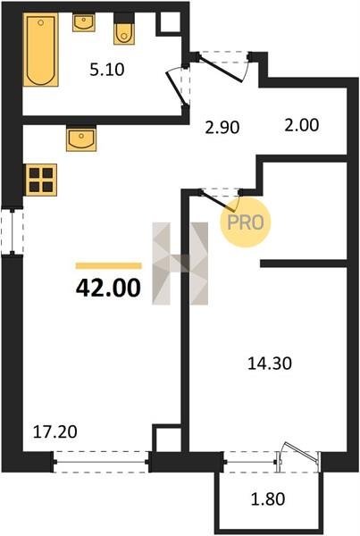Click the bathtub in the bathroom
point(41,50)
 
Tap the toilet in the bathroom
point(124,29)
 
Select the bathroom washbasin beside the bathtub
point(83,22)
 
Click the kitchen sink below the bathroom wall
point(81,138)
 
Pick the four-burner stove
point(41,180)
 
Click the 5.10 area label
point(107,70)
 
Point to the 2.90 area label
point(222,128)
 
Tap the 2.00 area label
point(302,125)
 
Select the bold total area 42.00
point(108,288)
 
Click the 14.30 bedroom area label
point(270,364)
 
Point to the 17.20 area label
point(55,431)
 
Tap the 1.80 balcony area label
point(268,498)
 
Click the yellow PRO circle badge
point(246,222)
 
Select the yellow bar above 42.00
point(109,266)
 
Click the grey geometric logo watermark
point(180,264)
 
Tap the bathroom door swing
point(177,88)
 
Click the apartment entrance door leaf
point(221,70)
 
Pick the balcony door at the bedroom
point(298,456)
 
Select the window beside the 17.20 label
point(101,462)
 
